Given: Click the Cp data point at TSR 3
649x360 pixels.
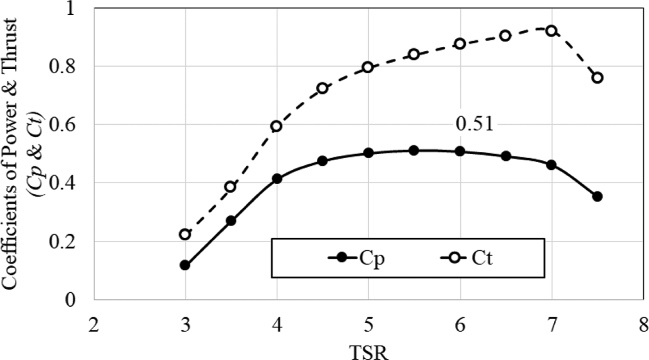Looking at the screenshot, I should tap(185, 265).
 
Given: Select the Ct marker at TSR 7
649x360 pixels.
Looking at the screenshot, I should tap(551, 31).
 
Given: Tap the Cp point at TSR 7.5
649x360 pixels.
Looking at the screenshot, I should tap(597, 196).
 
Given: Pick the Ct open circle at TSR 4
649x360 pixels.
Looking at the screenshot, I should tap(277, 126).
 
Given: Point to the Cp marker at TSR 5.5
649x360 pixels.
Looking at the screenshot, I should tap(414, 150).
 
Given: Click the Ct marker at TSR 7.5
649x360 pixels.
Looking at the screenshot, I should tap(597, 77).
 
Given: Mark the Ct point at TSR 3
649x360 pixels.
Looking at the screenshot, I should tap(185, 235).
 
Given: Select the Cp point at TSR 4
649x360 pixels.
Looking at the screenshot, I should tap(277, 179).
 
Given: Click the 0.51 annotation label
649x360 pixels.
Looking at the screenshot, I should tap(474, 124).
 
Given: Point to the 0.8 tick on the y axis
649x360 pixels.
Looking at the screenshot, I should tap(62, 66).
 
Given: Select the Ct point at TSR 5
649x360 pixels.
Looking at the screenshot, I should tap(368, 67).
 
